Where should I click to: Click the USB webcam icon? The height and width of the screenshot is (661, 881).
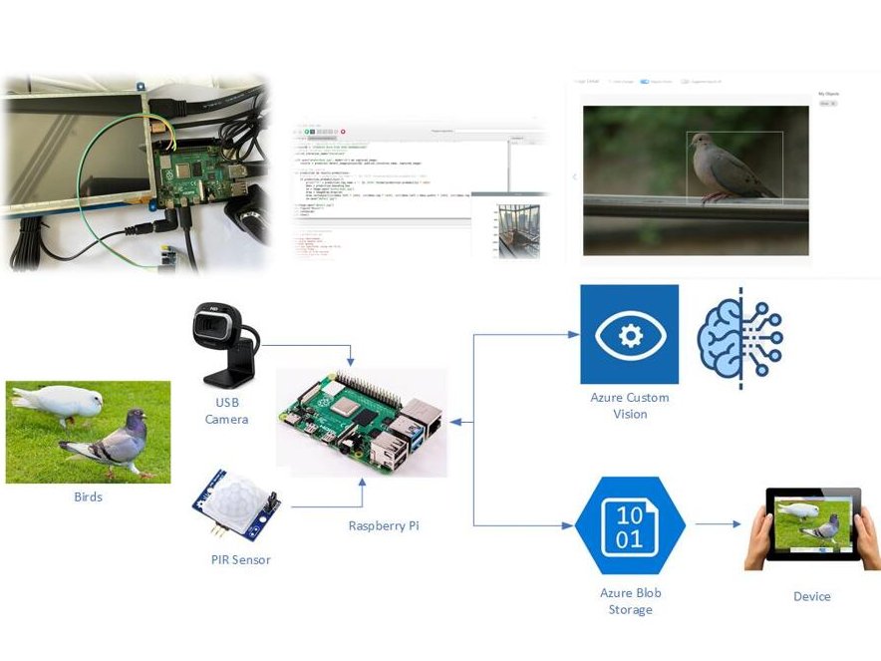coord(224,344)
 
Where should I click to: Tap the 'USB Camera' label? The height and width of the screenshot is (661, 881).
coord(226,411)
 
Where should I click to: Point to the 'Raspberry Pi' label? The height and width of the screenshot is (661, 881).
coord(384,525)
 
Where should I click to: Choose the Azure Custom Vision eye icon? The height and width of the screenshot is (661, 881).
coord(630,334)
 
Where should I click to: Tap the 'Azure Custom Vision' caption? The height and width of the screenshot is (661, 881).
coord(630,405)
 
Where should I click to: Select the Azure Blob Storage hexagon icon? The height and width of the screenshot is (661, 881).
coord(629,525)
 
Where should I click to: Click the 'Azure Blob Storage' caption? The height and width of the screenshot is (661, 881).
coord(630,600)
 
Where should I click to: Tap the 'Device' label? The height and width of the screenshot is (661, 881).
coord(811,596)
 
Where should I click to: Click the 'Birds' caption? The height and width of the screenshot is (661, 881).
coord(88,496)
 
